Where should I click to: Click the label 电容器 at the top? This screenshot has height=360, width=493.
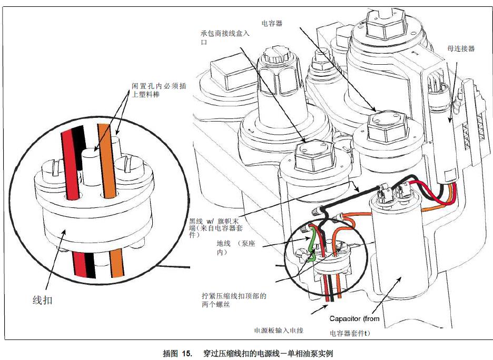[272, 24]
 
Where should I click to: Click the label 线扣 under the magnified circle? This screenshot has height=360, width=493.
[43, 301]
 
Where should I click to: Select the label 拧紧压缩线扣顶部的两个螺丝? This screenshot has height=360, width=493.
[234, 301]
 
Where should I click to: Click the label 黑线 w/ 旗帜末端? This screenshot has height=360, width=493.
[213, 224]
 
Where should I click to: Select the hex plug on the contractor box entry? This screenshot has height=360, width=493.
[313, 153]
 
